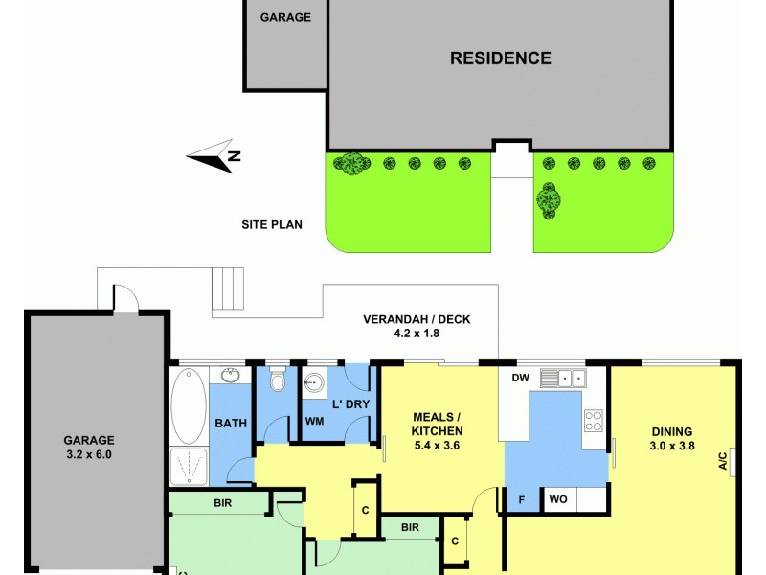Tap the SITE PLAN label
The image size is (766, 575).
[271, 226]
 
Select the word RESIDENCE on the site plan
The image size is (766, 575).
[501, 58]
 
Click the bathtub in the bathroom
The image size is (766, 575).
[189, 406]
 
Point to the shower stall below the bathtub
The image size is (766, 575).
[189, 466]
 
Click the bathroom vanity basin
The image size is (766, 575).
[230, 375]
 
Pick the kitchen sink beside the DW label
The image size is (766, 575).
[563, 379]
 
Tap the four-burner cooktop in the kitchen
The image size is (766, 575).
[594, 420]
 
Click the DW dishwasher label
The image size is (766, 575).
[521, 379]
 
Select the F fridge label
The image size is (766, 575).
[523, 499]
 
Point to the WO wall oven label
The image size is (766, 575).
[557, 499]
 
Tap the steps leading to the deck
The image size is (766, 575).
[228, 288]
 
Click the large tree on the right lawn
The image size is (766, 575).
[549, 200]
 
